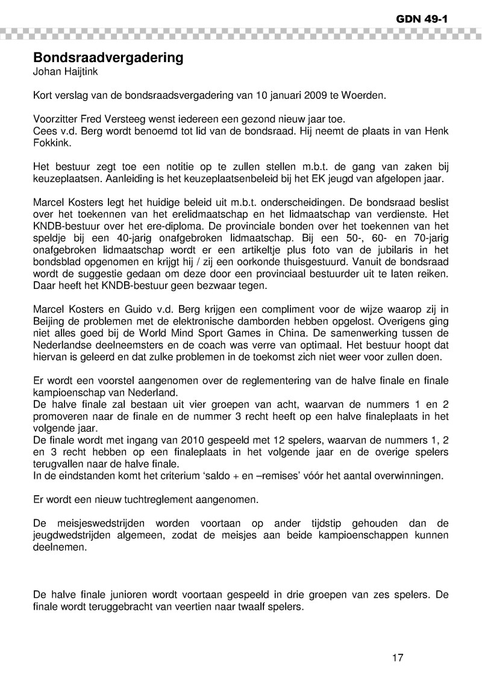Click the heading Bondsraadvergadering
pyautogui.click(x=108, y=59)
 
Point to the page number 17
pyautogui.click(x=397, y=657)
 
